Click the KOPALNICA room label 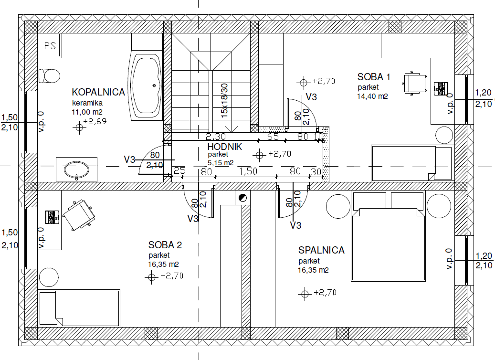98,92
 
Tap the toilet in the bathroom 49,76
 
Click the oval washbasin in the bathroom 76,170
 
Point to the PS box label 50,46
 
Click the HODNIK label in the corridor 225,147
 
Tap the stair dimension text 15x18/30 224,101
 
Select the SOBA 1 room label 374,77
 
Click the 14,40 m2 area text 372,96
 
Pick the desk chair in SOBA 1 415,83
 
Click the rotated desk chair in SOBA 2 78,215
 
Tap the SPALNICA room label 321,250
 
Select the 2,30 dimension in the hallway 216,137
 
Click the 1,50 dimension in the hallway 248,171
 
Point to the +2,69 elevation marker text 95,122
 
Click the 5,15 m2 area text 221,163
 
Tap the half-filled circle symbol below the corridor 243,198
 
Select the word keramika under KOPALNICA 87,103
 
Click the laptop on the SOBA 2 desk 52,217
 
